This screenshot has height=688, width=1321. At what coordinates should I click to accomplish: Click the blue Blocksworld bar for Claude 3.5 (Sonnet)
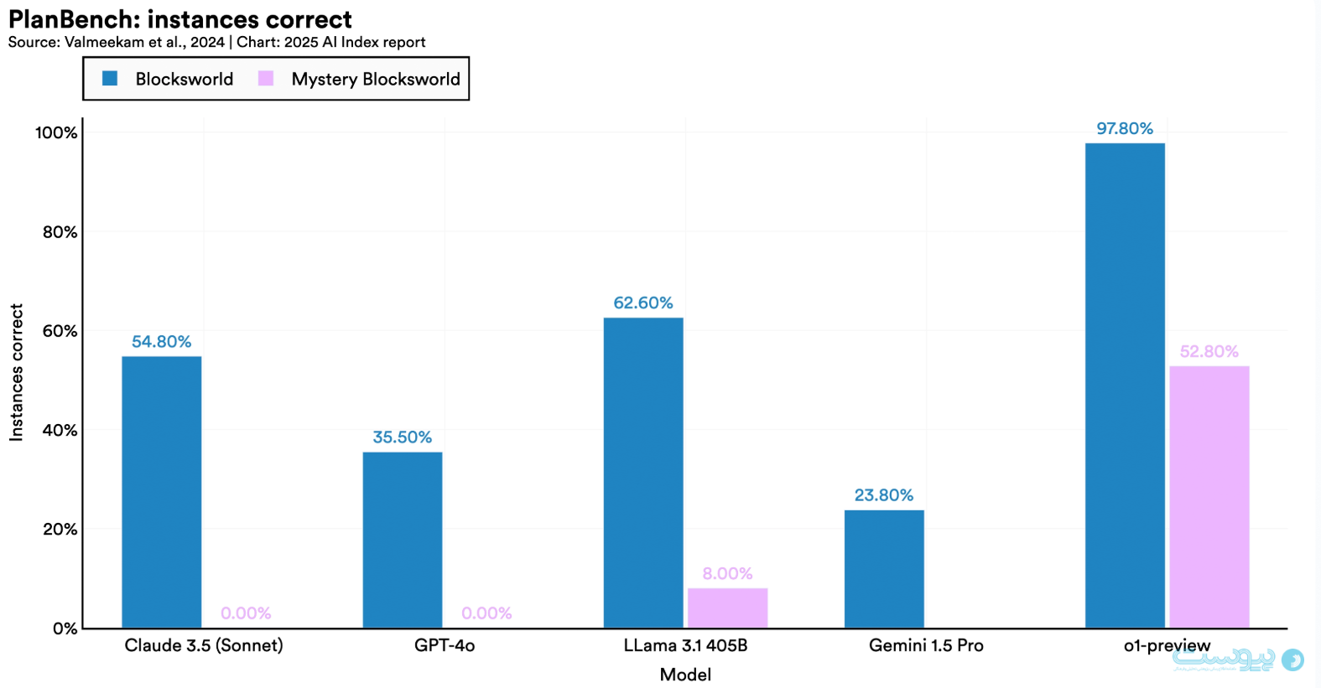click(161, 492)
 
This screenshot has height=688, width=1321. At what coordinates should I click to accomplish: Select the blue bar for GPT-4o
click(403, 540)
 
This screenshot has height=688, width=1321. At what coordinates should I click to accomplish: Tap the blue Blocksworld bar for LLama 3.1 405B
click(643, 473)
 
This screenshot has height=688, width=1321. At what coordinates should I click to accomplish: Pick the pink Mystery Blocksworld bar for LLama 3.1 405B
click(727, 608)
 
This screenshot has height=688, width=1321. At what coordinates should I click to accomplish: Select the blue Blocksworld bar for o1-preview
click(1125, 385)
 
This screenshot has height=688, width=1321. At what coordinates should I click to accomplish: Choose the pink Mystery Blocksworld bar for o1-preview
click(1209, 496)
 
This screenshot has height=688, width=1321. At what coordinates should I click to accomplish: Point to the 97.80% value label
click(1125, 128)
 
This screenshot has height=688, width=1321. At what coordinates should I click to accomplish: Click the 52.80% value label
click(1209, 351)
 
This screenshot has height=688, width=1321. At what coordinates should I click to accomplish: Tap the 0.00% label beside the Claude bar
click(246, 613)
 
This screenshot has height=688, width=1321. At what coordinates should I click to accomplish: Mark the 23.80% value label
click(884, 495)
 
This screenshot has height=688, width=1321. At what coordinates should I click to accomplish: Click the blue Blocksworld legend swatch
click(110, 78)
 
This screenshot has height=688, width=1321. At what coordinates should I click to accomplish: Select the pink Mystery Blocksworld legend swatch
click(266, 78)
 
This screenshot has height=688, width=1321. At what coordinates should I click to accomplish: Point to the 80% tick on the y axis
click(60, 232)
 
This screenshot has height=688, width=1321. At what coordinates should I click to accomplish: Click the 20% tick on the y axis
click(60, 530)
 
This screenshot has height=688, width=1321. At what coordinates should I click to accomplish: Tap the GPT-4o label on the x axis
click(445, 645)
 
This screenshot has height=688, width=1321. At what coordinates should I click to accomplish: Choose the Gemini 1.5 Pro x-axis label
click(926, 645)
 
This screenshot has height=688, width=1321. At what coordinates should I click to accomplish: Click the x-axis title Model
click(685, 675)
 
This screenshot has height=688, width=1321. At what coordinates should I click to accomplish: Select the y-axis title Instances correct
click(16, 372)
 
